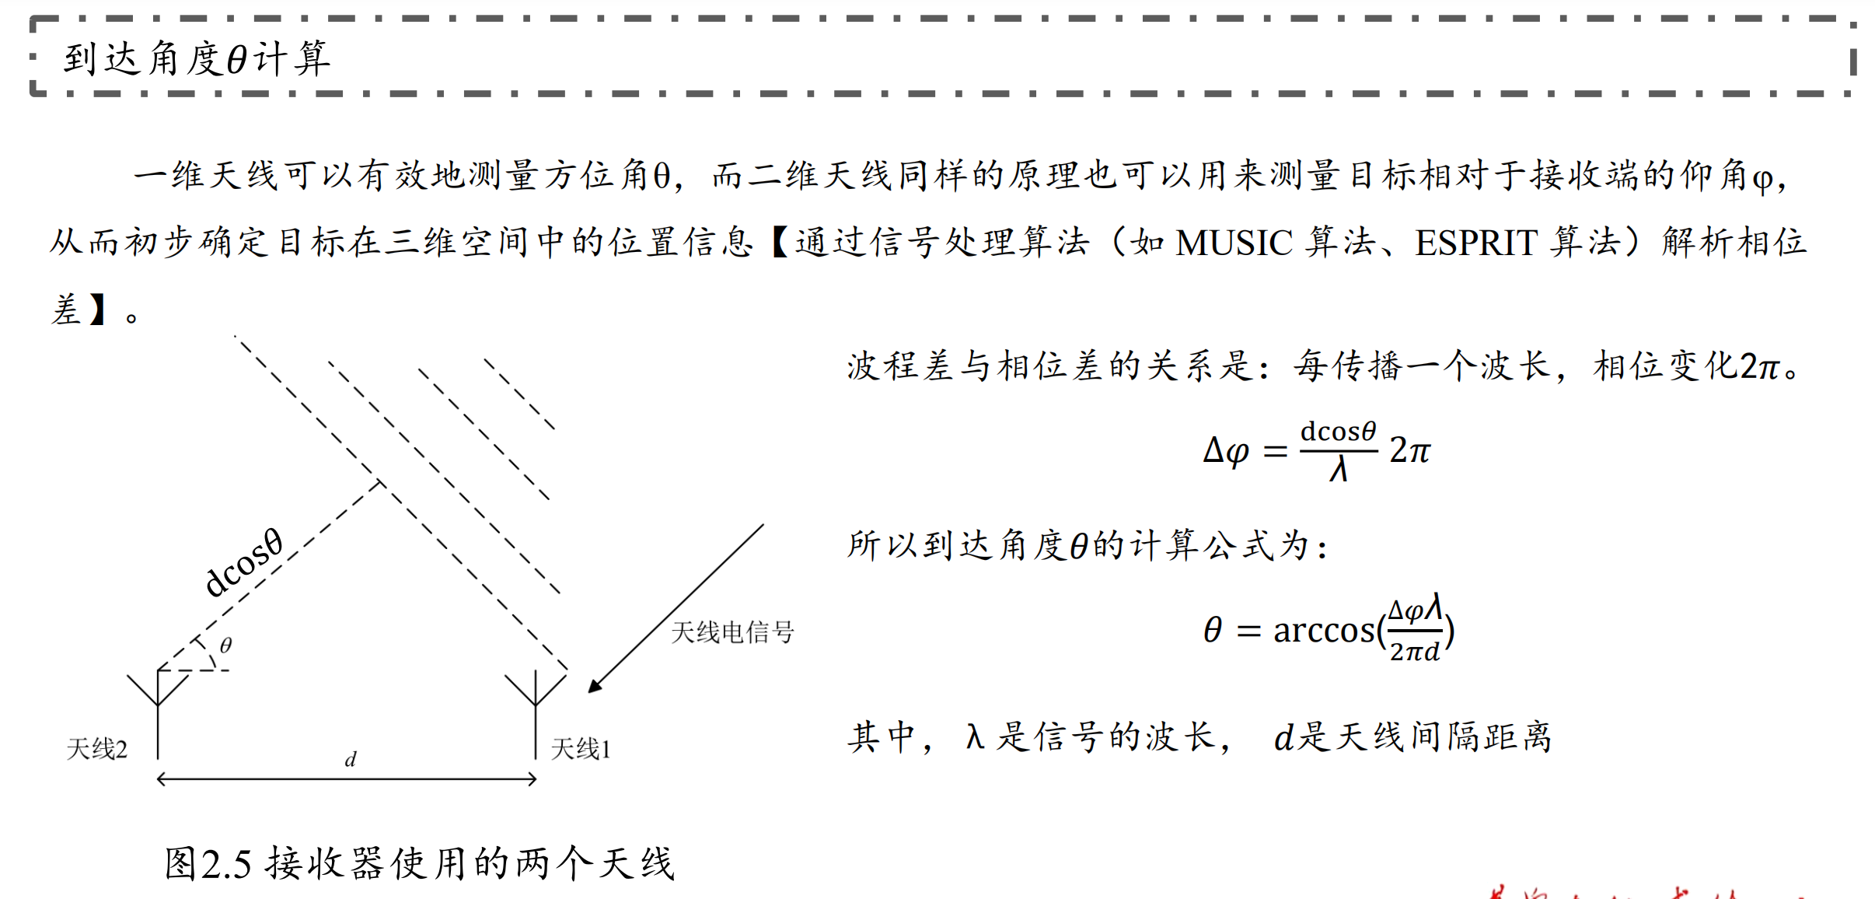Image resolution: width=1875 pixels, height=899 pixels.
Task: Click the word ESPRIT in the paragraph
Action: pos(1475,243)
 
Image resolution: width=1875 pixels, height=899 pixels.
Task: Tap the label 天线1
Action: pos(581,749)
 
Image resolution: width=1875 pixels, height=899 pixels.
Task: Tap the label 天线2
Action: pos(96,749)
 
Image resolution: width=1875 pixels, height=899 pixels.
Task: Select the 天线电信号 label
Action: pos(731,632)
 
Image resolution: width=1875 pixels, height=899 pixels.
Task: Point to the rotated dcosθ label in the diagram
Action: pos(243,563)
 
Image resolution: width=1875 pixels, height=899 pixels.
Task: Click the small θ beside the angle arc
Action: pos(226,645)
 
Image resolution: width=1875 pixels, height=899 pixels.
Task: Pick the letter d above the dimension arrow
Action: pos(351,759)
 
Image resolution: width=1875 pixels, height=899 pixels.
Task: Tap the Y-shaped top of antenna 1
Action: pos(536,688)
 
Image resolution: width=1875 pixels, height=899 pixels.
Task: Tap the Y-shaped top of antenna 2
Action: pos(158,688)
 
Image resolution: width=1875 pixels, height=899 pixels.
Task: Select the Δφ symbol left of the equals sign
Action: pos(1226,451)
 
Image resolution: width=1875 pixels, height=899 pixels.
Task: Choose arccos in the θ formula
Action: pos(1324,630)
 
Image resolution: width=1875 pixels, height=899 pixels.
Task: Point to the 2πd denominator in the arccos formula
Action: pos(1415,652)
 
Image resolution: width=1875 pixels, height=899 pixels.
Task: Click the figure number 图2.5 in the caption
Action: pos(208,864)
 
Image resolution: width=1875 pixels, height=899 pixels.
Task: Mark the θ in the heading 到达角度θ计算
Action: pos(237,60)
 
